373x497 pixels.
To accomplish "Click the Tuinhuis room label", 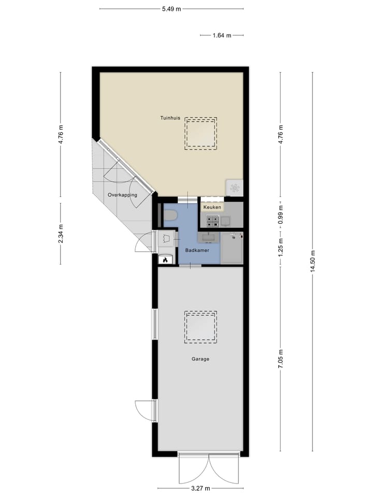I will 170,118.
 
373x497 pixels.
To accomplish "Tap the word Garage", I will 200,358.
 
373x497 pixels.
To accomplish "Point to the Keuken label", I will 212,207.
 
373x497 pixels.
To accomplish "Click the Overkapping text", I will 122,195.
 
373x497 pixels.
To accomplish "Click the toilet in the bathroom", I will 170,215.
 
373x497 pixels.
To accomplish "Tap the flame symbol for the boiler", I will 165,260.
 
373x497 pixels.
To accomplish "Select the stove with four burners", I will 213,221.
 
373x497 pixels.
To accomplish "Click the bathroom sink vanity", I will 208,238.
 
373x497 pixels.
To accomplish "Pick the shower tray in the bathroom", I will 232,248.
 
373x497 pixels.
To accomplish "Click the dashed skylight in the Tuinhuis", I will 200,134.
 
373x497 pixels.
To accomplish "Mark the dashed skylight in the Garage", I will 200,327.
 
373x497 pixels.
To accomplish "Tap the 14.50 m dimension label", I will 313,261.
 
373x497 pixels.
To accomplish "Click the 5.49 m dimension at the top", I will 171,9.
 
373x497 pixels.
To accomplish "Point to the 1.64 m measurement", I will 221,35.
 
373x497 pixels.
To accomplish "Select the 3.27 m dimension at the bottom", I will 198,488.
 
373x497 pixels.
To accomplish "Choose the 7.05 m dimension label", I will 281,358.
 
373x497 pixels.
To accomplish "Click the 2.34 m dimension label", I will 61,233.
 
